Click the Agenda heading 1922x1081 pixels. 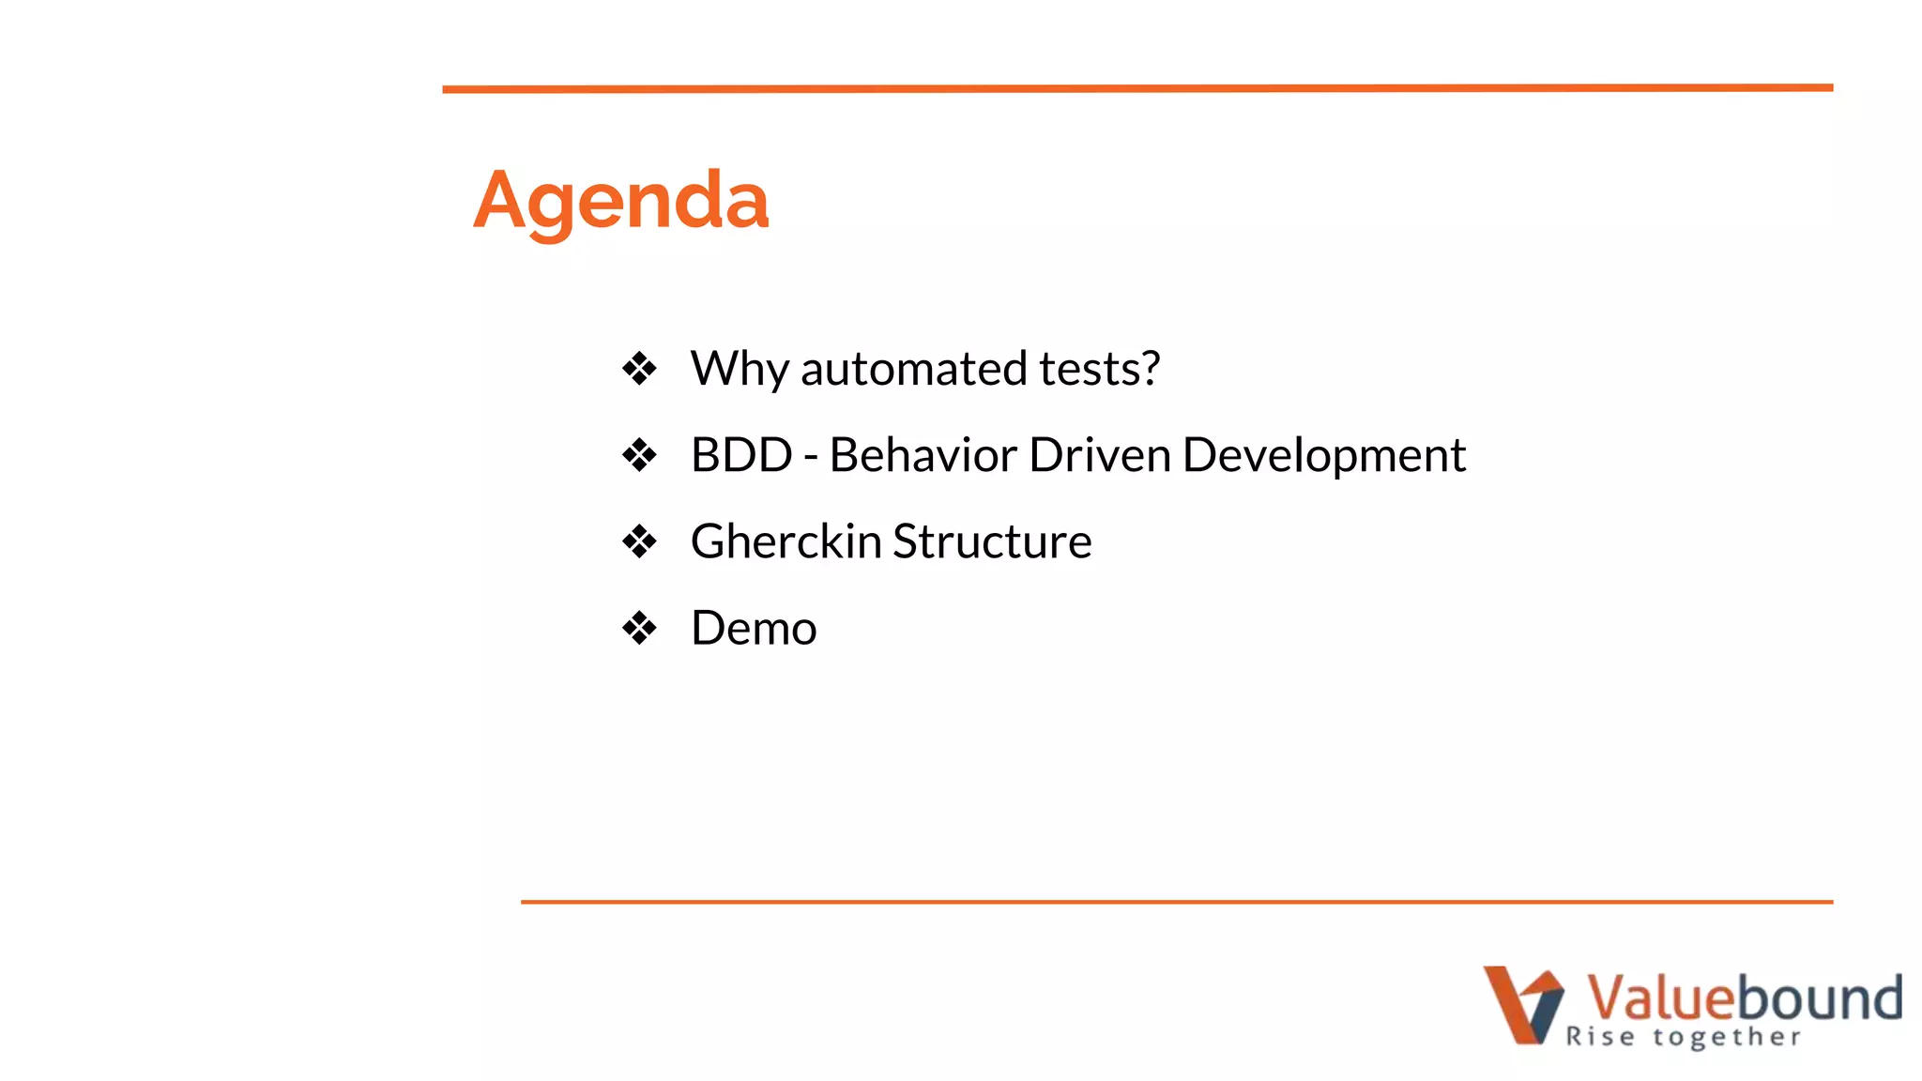(620, 201)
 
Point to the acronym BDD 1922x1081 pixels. (741, 455)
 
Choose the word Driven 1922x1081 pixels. (1099, 455)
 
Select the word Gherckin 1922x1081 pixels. (786, 541)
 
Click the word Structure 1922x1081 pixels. (992, 541)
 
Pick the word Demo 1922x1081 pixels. (754, 628)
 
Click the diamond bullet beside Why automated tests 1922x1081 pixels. (639, 369)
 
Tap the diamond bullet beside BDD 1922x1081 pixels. (639, 455)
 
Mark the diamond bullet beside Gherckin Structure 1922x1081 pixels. (639, 541)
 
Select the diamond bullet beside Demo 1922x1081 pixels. (639, 628)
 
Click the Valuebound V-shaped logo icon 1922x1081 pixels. (1522, 1004)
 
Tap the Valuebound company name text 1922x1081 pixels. (1743, 997)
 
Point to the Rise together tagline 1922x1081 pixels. (1683, 1037)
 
